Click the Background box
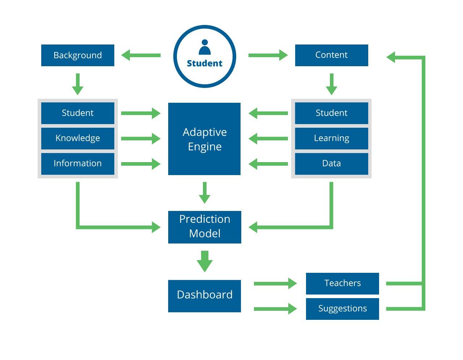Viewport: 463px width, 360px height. [x=78, y=55]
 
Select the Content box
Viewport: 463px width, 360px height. [x=331, y=55]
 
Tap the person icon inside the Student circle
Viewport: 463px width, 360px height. [x=205, y=47]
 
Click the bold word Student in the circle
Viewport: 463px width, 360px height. [x=205, y=63]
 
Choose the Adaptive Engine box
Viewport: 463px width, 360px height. [x=204, y=139]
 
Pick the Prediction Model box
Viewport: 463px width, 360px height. [x=205, y=227]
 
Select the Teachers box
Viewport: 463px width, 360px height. [x=342, y=283]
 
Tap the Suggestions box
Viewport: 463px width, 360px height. [x=342, y=309]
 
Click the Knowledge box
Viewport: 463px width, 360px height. [x=78, y=138]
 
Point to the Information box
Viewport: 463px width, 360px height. [x=78, y=164]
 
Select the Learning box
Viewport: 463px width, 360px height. [x=331, y=138]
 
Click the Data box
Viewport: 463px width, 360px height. [x=331, y=164]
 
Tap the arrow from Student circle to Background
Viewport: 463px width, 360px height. [x=141, y=55]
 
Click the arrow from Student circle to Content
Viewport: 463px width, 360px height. [x=268, y=55]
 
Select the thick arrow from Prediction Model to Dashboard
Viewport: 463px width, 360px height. [x=205, y=261]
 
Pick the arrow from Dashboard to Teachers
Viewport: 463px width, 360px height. [x=275, y=284]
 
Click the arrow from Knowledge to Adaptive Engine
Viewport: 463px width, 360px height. [x=141, y=139]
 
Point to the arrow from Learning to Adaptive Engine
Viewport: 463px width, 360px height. [x=268, y=139]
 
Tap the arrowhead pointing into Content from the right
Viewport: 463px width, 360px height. [x=391, y=57]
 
